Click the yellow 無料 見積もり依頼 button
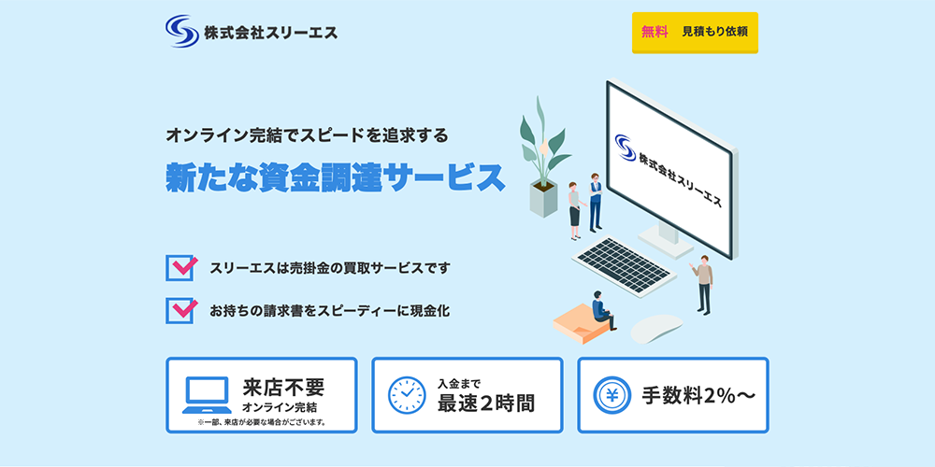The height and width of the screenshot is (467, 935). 695,32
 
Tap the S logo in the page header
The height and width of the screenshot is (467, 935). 180,31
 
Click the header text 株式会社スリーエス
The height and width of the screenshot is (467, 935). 270,32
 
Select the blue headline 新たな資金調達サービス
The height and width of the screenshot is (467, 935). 335,177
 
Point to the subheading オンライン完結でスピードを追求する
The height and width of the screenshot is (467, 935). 307,134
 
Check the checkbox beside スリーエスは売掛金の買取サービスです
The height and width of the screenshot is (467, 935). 180,268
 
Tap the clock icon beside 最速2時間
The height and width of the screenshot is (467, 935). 407,395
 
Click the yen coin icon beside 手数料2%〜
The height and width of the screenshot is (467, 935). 612,395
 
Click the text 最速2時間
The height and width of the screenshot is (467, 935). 486,403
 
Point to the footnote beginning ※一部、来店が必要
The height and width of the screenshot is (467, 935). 262,422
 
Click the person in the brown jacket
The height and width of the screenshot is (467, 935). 704,283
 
